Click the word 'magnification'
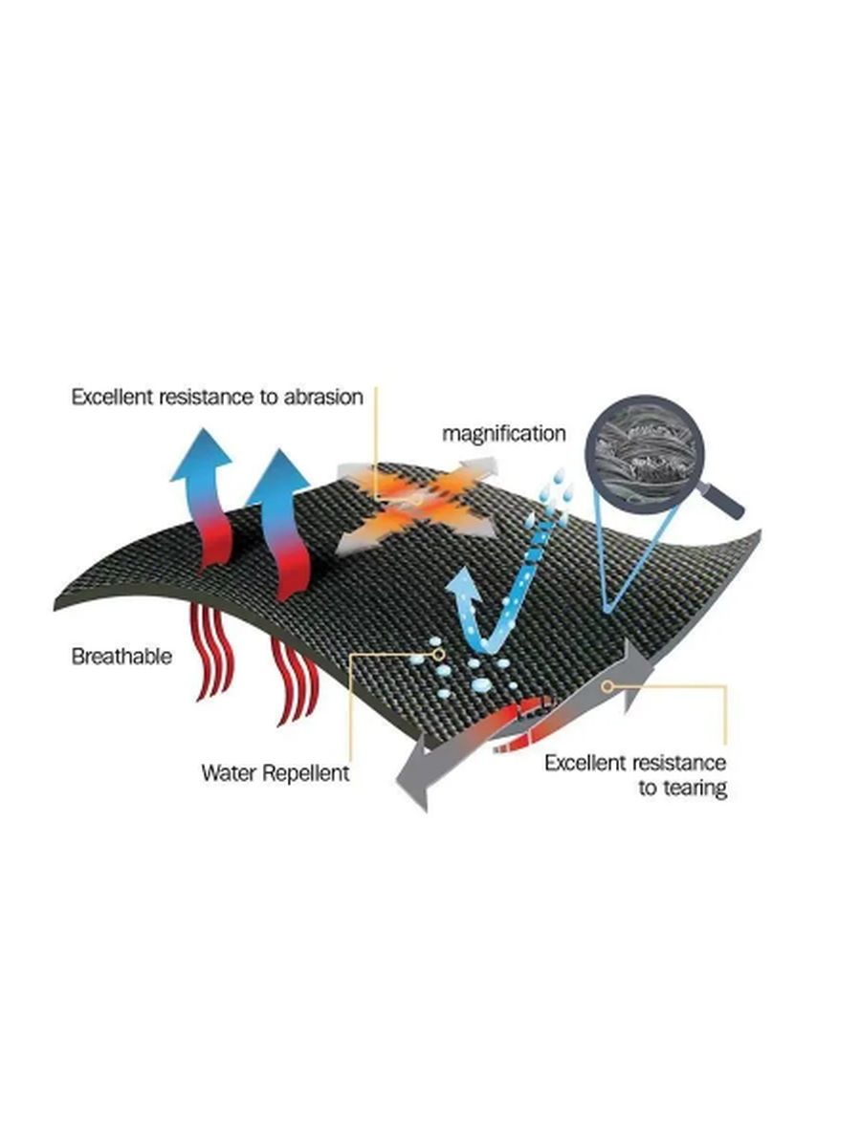point(503,433)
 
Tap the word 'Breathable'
point(121,658)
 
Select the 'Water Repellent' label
point(275,772)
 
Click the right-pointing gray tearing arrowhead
point(642,669)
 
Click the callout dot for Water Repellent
point(439,655)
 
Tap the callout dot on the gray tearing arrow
point(607,684)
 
